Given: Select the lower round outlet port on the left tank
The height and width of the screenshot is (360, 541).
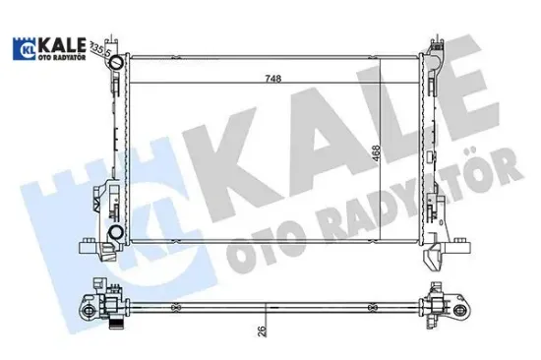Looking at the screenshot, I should [x=115, y=232].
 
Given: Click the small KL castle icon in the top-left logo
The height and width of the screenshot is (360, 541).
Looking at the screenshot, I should [x=22, y=49].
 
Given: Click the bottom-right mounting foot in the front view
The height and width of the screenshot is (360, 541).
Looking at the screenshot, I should [x=432, y=259].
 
